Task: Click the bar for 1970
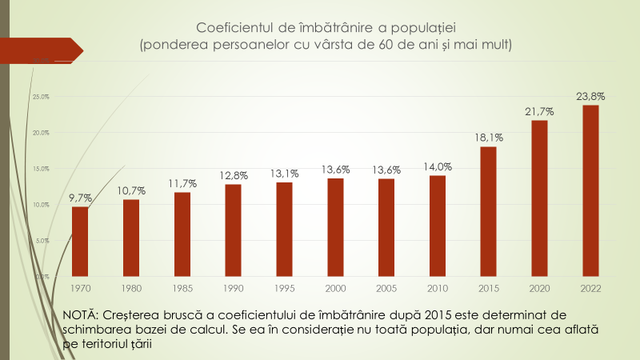pyautogui.click(x=80, y=241)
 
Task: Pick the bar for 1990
pyautogui.click(x=233, y=230)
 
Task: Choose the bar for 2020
pyautogui.click(x=539, y=198)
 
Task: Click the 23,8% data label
pyautogui.click(x=590, y=96)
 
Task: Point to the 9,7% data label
pyautogui.click(x=80, y=198)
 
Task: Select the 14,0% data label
pyautogui.click(x=437, y=166)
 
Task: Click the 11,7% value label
pyautogui.click(x=182, y=183)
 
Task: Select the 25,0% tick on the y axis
pyautogui.click(x=40, y=97)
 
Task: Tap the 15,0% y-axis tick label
pyautogui.click(x=40, y=169)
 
